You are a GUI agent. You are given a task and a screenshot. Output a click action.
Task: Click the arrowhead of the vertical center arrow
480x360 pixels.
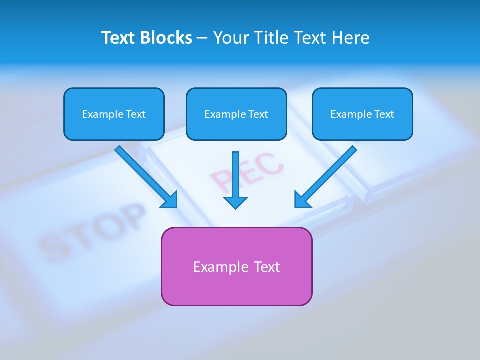pos(235,202)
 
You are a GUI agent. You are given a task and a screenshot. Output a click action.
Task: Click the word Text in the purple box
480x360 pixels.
pos(267,267)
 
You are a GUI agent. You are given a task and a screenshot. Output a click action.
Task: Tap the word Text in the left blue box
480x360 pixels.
pos(135,114)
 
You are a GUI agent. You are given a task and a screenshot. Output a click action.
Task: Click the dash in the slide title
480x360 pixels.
pos(202,38)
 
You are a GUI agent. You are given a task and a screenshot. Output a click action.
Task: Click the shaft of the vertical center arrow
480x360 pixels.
pos(235,172)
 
